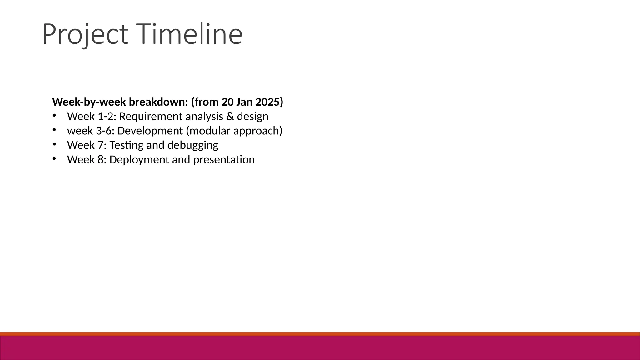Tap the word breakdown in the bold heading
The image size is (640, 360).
[x=158, y=102]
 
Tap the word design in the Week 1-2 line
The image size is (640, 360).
[x=252, y=116]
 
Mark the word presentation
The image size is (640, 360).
[x=224, y=160]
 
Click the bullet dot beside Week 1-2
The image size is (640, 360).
[x=54, y=116]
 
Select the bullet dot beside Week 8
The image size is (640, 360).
[x=54, y=159]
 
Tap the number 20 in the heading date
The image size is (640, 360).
[x=228, y=102]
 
